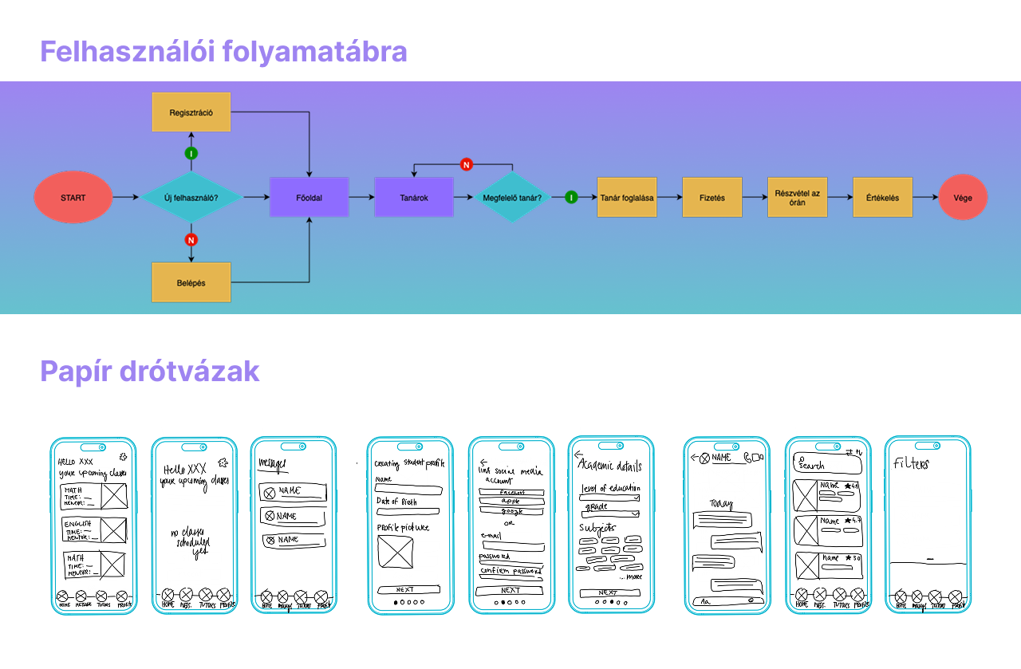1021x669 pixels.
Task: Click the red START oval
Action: click(x=73, y=197)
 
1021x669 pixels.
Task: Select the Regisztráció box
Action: click(x=191, y=112)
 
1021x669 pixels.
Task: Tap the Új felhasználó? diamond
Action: click(x=191, y=197)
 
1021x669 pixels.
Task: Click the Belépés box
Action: click(x=191, y=282)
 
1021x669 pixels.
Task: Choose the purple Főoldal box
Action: click(x=309, y=197)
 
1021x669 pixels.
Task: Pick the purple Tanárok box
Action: click(x=413, y=197)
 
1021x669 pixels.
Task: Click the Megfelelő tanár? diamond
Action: click(x=512, y=197)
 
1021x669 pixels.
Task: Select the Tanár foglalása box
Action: click(x=627, y=197)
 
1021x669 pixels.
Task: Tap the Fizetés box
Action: click(x=712, y=197)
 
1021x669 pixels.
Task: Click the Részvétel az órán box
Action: click(x=797, y=197)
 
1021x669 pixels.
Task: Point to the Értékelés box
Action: click(x=882, y=197)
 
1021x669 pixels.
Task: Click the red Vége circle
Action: click(x=963, y=197)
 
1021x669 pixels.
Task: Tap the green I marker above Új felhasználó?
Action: click(x=191, y=153)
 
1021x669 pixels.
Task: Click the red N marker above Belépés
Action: click(x=191, y=239)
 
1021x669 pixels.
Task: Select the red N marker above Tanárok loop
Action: click(x=467, y=164)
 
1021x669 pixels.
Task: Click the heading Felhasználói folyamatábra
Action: click(x=223, y=52)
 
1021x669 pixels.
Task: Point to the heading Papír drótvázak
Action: click(x=150, y=372)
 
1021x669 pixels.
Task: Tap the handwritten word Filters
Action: click(x=911, y=463)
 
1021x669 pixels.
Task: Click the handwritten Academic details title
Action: click(x=609, y=466)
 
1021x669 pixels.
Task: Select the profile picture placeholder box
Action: click(x=395, y=552)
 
